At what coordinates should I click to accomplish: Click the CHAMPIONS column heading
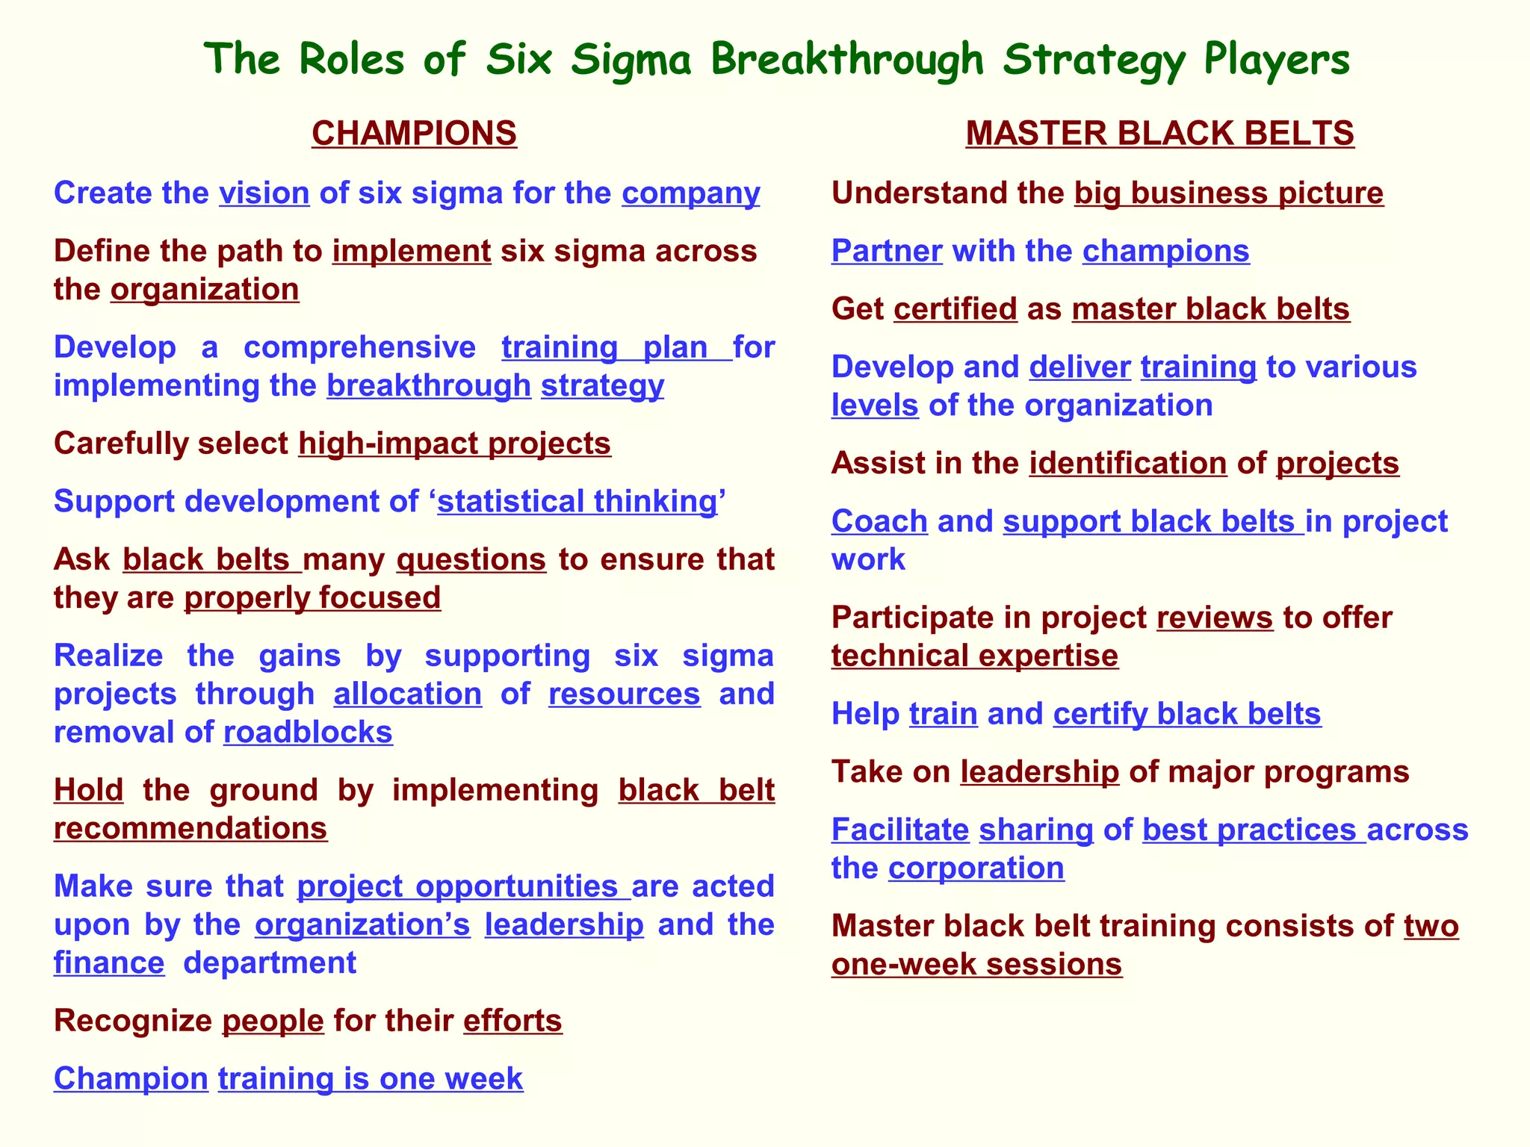click(x=414, y=134)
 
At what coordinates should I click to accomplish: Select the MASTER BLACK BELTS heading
click(x=1159, y=134)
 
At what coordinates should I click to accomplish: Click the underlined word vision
click(x=264, y=193)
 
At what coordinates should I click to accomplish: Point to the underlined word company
click(x=690, y=193)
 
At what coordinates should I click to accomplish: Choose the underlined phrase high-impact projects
click(x=454, y=444)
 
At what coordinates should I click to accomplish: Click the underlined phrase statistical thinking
click(x=577, y=502)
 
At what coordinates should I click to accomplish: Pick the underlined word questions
click(x=471, y=559)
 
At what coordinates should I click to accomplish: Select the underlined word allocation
click(x=407, y=694)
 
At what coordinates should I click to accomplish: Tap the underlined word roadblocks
click(x=308, y=733)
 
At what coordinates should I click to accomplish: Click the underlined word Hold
click(x=88, y=790)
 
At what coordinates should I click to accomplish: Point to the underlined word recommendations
click(x=191, y=829)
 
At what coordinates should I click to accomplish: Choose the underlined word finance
click(x=109, y=963)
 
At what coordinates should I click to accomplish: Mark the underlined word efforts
click(x=512, y=1021)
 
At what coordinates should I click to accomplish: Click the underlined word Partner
click(x=887, y=252)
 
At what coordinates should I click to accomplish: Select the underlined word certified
click(x=956, y=309)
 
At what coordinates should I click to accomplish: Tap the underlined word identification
click(x=1128, y=464)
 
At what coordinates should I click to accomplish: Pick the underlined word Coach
click(x=879, y=521)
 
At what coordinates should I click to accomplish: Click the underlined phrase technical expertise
click(x=975, y=656)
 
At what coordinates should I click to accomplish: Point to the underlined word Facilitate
click(x=900, y=830)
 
